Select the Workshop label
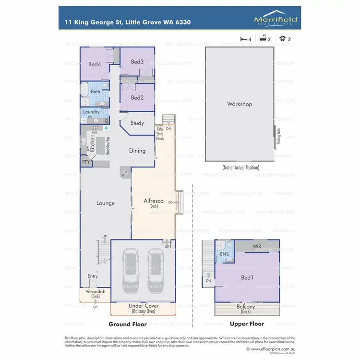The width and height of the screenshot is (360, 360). (x=240, y=104)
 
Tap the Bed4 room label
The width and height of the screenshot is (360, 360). (x=95, y=64)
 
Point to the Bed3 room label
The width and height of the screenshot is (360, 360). (x=137, y=62)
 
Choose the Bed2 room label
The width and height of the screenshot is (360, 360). (x=137, y=98)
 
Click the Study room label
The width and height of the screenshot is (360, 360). (x=137, y=123)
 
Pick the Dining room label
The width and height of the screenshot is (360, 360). (x=137, y=151)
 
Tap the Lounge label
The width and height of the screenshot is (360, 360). (x=105, y=203)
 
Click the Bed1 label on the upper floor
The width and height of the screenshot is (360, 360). (x=247, y=277)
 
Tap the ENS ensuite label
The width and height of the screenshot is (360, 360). (x=224, y=253)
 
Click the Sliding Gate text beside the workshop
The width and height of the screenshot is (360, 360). (x=278, y=136)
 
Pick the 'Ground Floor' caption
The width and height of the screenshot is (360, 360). (x=128, y=324)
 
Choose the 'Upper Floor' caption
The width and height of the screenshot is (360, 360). (x=247, y=324)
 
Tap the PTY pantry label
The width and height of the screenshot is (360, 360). (x=86, y=162)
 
